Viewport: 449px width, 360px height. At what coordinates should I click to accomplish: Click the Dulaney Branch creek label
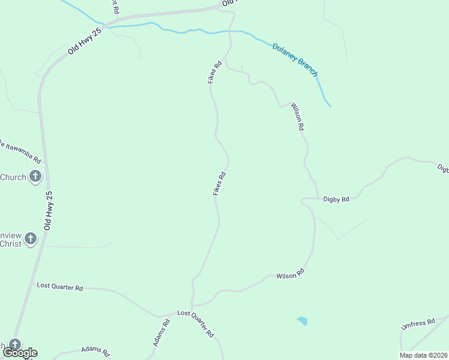pos(295,59)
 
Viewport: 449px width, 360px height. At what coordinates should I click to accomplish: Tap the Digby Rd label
pos(336,199)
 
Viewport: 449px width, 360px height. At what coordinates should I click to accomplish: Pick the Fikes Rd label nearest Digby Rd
pos(219,184)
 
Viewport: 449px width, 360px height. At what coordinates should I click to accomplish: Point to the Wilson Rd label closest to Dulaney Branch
pos(298,117)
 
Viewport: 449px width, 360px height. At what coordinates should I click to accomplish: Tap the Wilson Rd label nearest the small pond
pos(291,273)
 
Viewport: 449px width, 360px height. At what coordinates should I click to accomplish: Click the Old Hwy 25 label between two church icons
pos(49,211)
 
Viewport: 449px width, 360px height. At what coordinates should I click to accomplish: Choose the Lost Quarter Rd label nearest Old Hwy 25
pos(59,287)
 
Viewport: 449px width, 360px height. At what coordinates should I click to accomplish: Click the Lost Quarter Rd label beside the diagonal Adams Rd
pos(195,325)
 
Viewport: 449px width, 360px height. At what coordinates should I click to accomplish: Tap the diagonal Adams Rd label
pos(161,332)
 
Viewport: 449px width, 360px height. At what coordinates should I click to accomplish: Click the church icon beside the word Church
pos(35,176)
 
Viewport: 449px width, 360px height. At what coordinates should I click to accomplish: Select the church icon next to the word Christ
pos(31,239)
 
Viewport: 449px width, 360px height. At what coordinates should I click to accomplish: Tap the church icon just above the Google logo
pos(14,344)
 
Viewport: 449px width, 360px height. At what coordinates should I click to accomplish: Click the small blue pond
pos(302,321)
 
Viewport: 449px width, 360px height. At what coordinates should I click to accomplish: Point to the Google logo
pos(20,353)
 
